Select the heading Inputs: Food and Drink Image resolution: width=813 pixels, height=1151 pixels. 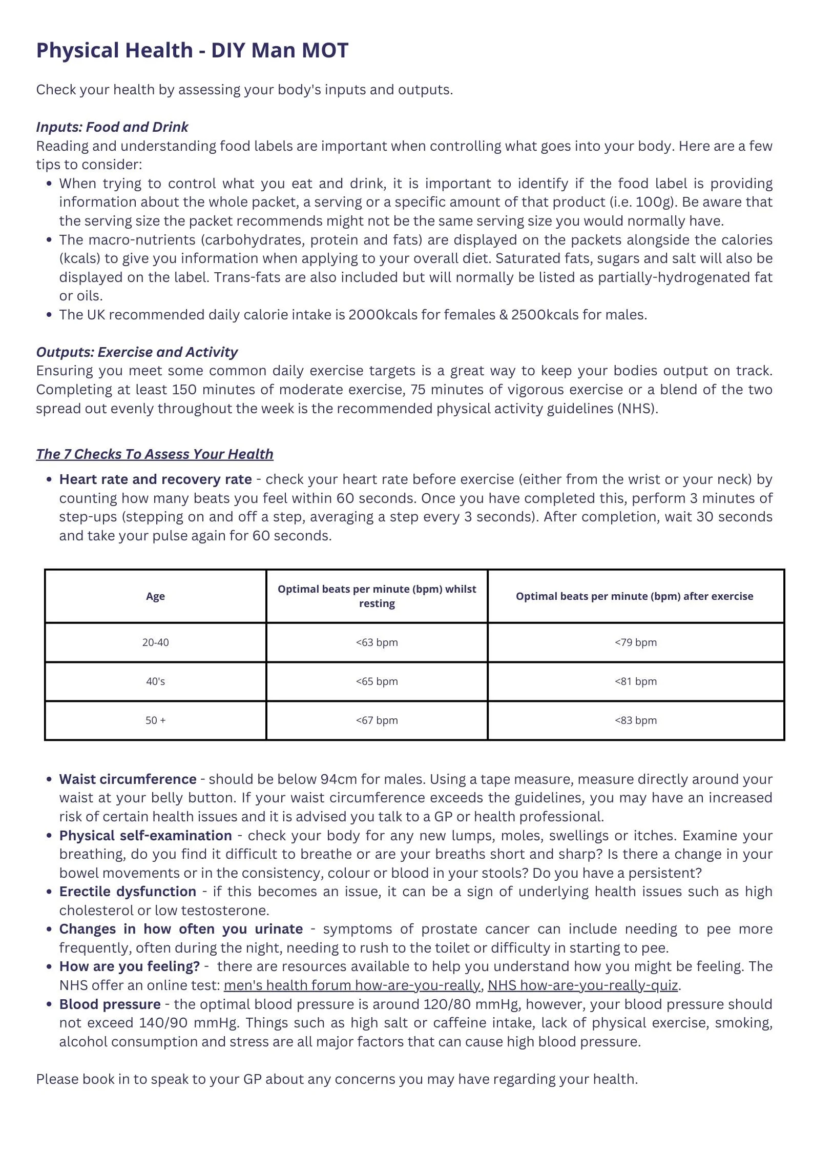click(112, 127)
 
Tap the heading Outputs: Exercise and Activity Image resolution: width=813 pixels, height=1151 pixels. click(137, 352)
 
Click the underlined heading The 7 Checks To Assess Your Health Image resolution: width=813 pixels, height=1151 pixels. click(154, 454)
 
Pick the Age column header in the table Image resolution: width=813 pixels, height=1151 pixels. click(155, 596)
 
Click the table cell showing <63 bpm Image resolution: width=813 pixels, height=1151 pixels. click(377, 642)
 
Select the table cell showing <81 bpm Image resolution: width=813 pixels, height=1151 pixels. click(635, 681)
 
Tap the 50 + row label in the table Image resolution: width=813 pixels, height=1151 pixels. click(155, 720)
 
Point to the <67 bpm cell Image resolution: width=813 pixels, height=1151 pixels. click(377, 720)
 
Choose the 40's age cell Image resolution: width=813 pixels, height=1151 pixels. click(155, 681)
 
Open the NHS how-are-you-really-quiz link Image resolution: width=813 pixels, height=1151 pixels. click(583, 985)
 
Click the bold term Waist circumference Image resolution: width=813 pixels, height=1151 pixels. click(128, 779)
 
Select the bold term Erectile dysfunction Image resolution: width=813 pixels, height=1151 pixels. click(128, 892)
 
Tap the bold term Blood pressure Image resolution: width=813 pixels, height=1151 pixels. click(110, 1004)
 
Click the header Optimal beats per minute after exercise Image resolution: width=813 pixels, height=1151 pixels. click(634, 596)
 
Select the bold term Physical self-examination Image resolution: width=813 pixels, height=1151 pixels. click(145, 836)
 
